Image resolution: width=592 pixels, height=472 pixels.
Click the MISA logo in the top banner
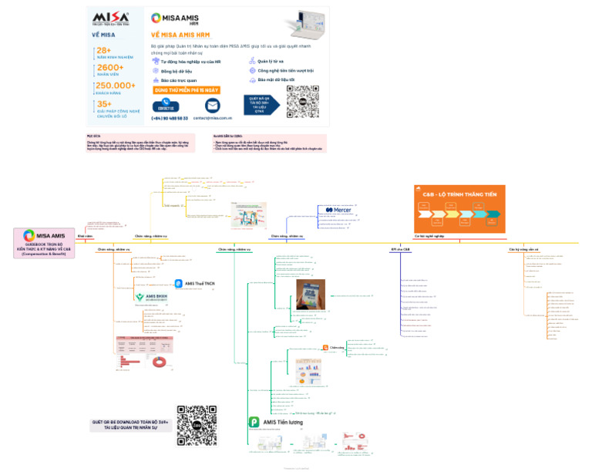point(111,19)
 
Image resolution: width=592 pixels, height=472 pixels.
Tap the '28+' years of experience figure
point(105,50)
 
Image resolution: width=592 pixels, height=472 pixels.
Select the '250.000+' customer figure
point(116,86)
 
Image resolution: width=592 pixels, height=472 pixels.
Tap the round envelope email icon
point(212,105)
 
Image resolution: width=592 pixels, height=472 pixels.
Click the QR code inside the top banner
point(302,101)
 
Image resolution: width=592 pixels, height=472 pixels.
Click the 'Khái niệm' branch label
point(85,236)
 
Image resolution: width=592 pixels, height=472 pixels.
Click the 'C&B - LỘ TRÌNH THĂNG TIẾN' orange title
point(459,194)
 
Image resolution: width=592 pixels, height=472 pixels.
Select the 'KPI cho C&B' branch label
point(401,250)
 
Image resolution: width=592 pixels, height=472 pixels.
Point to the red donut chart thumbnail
point(160,361)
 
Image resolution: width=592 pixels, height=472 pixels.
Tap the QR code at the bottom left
point(197,425)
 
